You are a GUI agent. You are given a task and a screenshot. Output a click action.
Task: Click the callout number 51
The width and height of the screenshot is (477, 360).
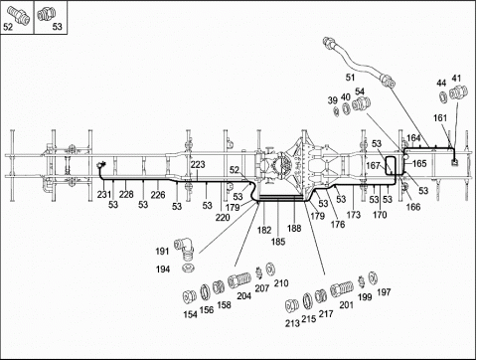[350, 78]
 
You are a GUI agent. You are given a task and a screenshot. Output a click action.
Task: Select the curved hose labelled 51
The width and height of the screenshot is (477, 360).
[355, 63]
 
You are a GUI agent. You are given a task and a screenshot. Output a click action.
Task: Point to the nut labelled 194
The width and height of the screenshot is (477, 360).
[188, 269]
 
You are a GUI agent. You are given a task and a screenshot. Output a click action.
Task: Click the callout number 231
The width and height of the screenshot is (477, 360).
[104, 194]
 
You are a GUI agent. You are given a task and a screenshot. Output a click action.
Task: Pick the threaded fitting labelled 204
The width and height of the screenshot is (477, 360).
[239, 280]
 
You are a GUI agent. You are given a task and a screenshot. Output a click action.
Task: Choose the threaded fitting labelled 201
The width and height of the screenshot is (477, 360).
[342, 288]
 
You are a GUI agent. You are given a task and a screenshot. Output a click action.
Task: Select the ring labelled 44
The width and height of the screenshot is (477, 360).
[443, 96]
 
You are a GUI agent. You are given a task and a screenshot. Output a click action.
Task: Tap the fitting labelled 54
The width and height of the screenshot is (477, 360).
[361, 103]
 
